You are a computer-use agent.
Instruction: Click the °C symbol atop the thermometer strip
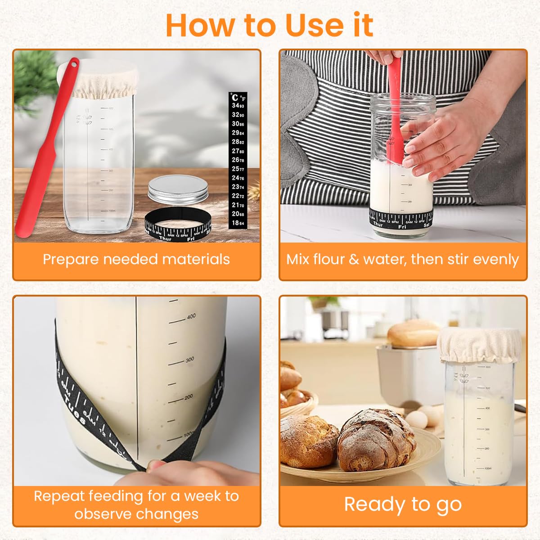click(x=235, y=97)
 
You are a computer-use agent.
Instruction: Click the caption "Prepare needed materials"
click(x=136, y=259)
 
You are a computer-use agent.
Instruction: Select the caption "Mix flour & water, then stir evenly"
click(x=402, y=259)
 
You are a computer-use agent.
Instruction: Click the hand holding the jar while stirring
click(x=432, y=144)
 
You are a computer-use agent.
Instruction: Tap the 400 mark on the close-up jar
click(x=191, y=317)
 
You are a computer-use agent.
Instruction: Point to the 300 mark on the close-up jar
click(x=189, y=360)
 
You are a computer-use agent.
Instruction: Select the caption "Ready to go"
click(x=403, y=504)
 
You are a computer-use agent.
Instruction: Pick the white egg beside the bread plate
click(x=416, y=420)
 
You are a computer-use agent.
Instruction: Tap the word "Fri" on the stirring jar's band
click(x=402, y=227)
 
